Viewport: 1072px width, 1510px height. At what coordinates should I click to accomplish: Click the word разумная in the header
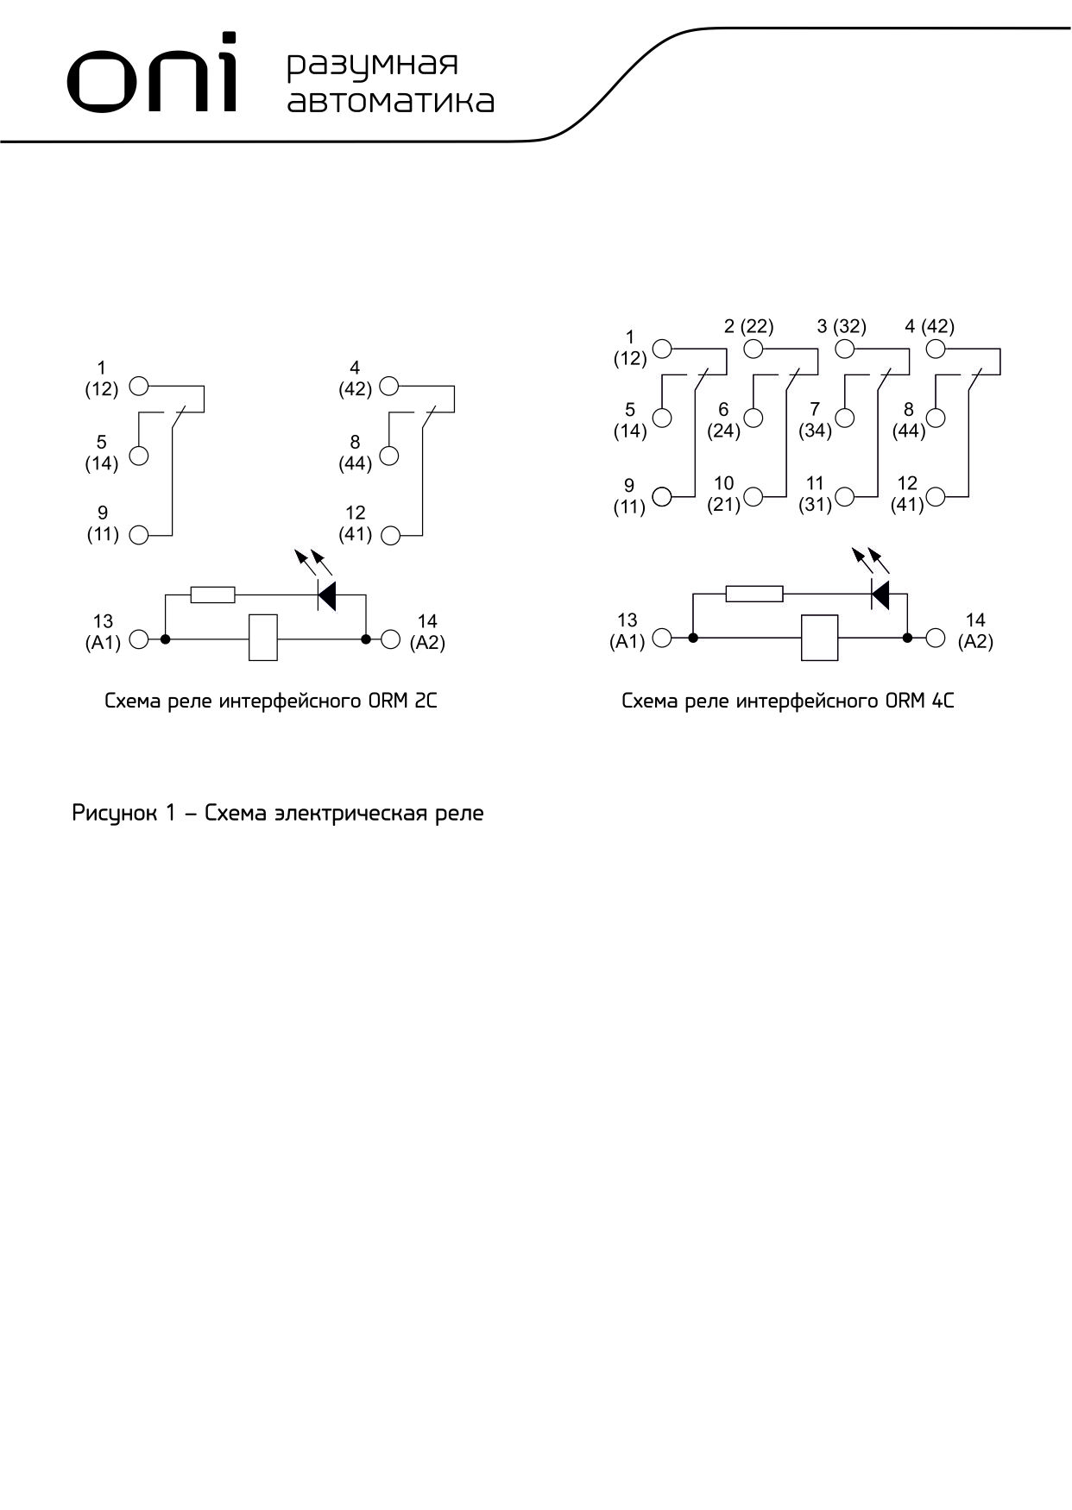372,65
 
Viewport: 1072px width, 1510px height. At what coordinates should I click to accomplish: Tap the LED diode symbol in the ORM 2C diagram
326,594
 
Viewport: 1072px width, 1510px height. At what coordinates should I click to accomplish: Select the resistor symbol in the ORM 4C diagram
754,594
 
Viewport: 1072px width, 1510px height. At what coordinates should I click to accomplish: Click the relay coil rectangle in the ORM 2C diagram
263,639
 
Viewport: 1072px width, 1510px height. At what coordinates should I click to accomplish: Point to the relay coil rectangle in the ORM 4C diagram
819,639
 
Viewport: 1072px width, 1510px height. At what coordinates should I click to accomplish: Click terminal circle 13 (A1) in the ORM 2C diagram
138,639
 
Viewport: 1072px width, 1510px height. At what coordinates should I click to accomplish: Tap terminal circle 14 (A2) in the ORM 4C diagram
935,639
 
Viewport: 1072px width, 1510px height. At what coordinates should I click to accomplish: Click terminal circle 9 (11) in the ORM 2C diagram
138,535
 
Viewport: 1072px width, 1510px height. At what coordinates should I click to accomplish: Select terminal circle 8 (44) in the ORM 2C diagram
389,456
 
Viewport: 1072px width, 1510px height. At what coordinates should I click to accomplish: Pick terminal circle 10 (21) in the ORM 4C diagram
754,496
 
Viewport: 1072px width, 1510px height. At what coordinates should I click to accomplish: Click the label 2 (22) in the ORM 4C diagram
749,326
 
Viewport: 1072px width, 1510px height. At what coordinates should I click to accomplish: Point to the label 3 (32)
842,326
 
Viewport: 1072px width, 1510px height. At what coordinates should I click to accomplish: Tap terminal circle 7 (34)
845,418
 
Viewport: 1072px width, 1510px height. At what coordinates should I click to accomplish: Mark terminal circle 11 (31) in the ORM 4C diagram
845,496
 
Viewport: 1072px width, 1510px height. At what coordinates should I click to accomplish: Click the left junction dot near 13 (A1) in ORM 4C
692,639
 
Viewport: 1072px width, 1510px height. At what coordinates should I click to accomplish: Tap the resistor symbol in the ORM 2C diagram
212,595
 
